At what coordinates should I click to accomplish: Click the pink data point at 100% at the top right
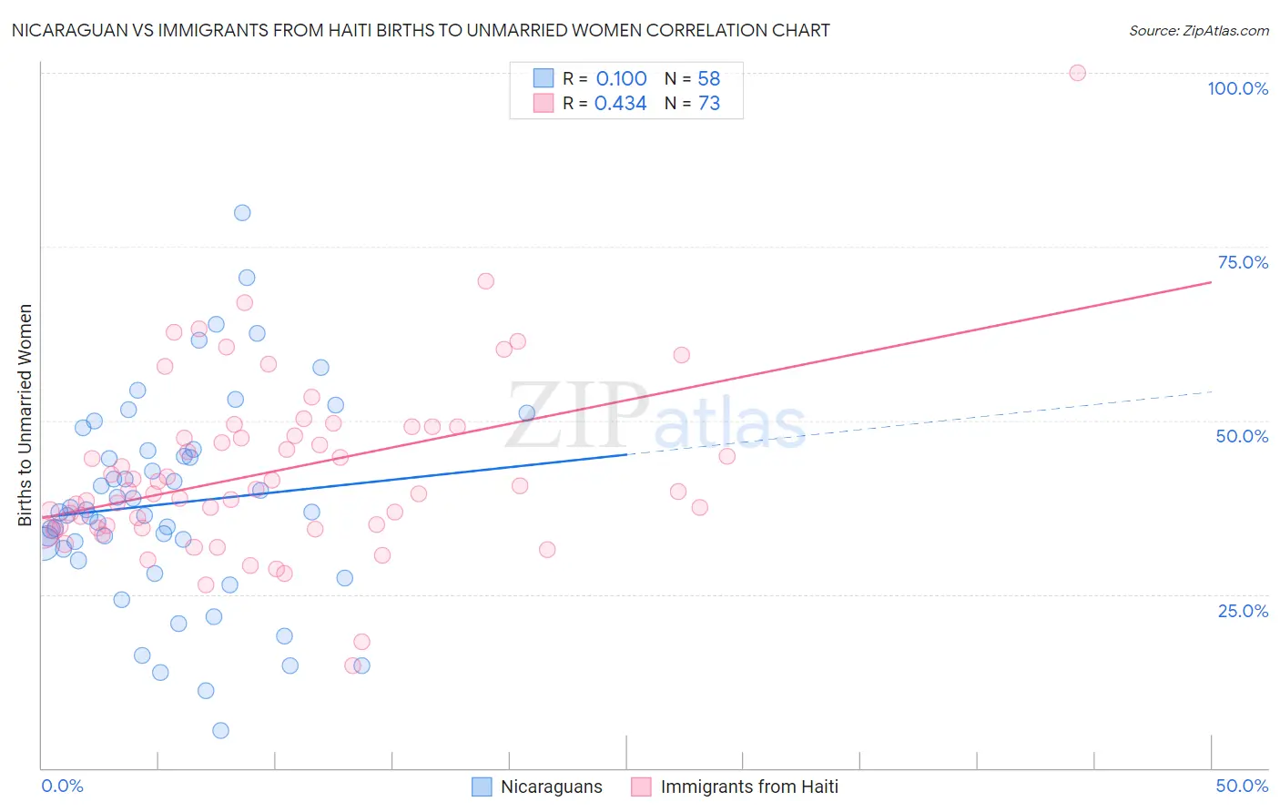click(x=1077, y=73)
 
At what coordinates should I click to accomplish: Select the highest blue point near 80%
click(x=242, y=213)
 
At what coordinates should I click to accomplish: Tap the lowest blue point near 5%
click(x=220, y=730)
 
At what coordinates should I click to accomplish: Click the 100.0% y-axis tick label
click(x=1237, y=88)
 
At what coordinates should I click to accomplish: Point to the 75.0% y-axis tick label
click(x=1243, y=262)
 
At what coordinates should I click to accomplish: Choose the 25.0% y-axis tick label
click(x=1243, y=610)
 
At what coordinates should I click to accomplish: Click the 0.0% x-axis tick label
click(x=62, y=786)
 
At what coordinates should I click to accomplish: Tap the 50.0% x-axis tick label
click(x=1242, y=786)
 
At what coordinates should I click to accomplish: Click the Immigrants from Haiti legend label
click(x=748, y=787)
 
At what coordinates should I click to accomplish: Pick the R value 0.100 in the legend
click(x=621, y=78)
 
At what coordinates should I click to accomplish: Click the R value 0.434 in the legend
click(x=620, y=104)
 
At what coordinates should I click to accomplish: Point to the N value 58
click(x=708, y=78)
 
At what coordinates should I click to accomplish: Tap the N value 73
click(x=708, y=104)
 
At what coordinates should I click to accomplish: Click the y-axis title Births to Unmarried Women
click(x=25, y=415)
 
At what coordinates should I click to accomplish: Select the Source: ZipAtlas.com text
click(x=1198, y=30)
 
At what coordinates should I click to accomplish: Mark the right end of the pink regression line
click(x=1210, y=282)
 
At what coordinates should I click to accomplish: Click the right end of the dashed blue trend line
click(x=1212, y=391)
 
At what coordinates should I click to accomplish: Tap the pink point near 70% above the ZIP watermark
click(x=485, y=281)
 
